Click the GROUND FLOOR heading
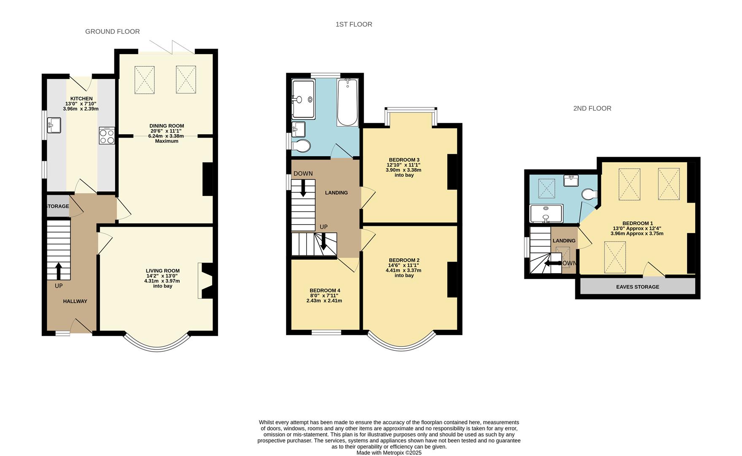click(x=112, y=31)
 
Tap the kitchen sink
click(x=54, y=125)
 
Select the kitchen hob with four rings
click(x=107, y=136)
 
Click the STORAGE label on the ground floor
click(x=57, y=206)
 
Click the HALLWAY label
click(x=75, y=301)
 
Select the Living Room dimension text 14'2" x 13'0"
click(x=162, y=276)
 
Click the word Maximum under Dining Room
click(x=167, y=141)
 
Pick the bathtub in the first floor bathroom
click(x=348, y=103)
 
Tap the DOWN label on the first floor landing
click(x=303, y=174)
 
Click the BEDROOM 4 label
click(x=324, y=290)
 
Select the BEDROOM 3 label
click(x=404, y=160)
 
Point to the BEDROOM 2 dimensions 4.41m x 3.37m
click(x=403, y=270)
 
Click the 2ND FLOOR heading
click(x=592, y=109)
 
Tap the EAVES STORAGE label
click(x=637, y=287)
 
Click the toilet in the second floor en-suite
click(x=588, y=194)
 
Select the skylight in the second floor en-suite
click(x=547, y=188)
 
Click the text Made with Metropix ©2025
click(x=389, y=453)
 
